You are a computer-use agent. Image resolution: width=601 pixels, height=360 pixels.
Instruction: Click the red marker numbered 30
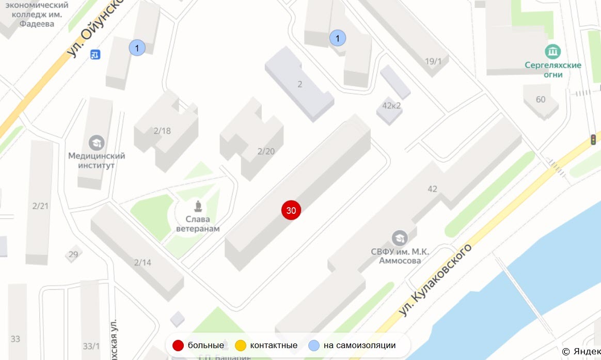pos(291,210)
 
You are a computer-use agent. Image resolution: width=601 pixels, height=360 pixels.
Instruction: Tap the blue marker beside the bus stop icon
pos(137,48)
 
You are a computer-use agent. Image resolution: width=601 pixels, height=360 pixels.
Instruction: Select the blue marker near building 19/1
pos(337,38)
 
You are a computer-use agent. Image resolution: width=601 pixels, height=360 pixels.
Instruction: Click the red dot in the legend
pos(178,346)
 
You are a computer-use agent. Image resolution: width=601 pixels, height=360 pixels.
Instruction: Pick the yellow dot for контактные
pos(240,346)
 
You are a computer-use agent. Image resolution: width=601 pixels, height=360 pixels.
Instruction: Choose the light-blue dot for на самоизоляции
pos(314,346)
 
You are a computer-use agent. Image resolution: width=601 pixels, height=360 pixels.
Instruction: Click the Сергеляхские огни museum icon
pos(553,52)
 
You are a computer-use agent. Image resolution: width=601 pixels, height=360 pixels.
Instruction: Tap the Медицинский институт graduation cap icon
pos(97,143)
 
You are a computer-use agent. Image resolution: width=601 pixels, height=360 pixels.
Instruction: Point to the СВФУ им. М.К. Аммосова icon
pos(399,238)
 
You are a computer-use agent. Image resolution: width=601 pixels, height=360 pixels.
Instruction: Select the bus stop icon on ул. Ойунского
pos(95,54)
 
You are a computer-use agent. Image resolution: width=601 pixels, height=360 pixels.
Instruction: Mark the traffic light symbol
pos(594,139)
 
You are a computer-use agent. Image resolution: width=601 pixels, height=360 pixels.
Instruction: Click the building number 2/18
pos(162,131)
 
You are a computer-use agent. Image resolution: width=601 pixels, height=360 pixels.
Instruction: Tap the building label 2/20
pos(266,151)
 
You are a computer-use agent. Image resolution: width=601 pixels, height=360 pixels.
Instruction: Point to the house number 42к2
pos(391,106)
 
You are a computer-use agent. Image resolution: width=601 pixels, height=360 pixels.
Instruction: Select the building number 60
pos(541,99)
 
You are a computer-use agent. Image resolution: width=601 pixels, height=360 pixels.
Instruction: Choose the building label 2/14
pos(143,262)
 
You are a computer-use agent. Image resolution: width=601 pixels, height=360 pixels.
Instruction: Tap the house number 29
pos(73,254)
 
